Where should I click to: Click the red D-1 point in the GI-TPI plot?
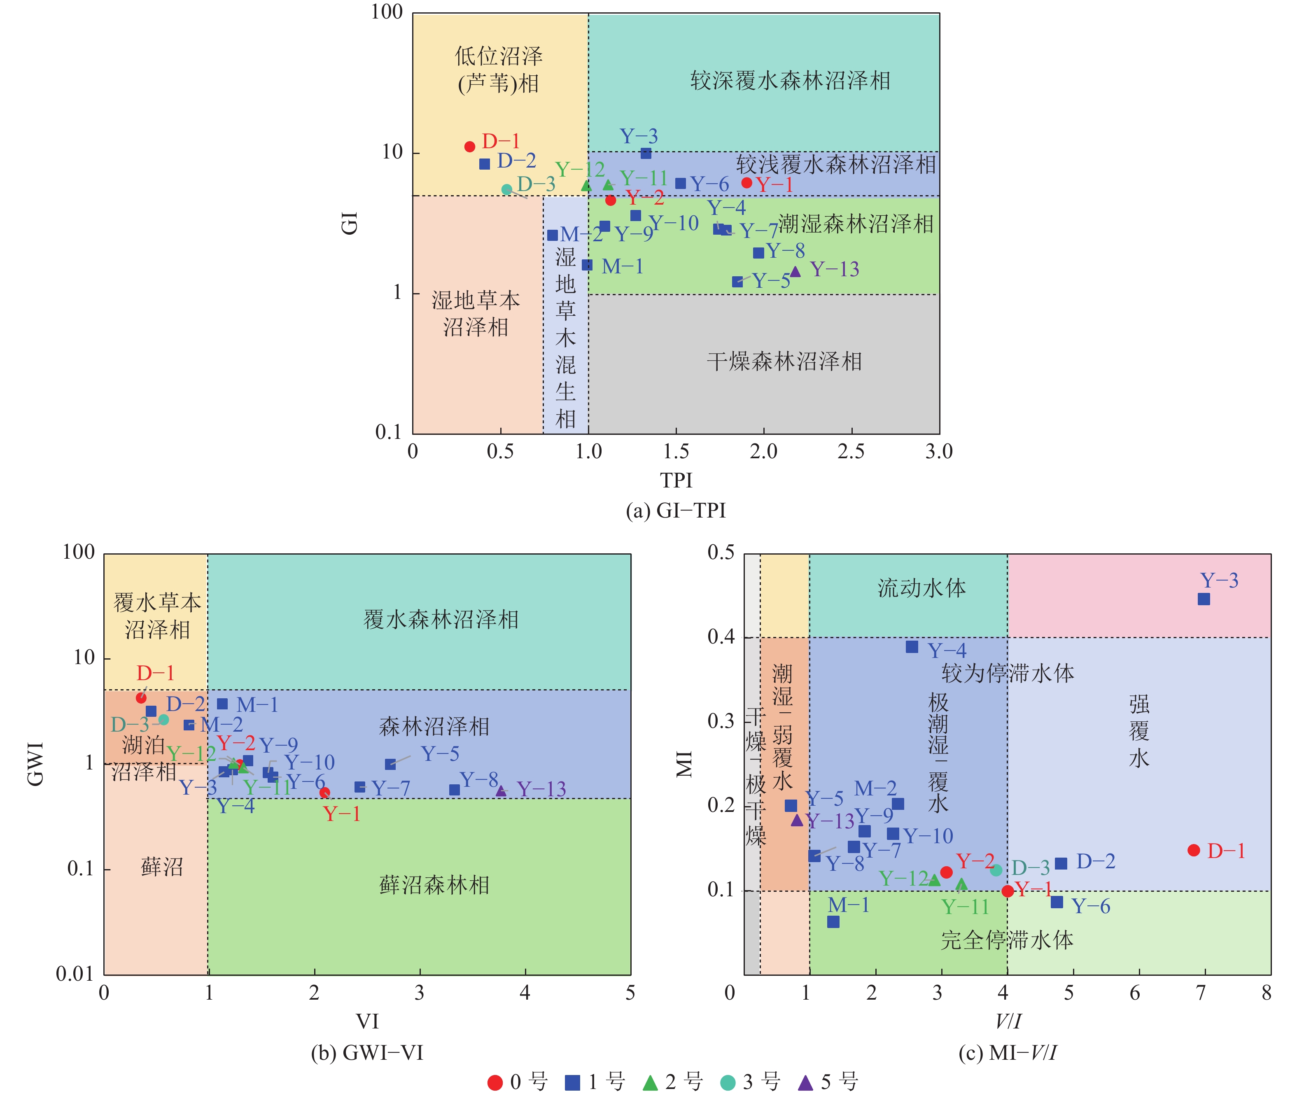[470, 147]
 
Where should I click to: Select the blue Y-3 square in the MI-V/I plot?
[1204, 599]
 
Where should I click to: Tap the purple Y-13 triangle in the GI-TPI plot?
[795, 271]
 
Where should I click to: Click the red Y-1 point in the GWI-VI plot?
[324, 792]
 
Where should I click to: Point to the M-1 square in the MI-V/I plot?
[833, 922]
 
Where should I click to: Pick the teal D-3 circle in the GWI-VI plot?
[163, 720]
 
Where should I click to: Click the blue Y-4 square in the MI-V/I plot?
[912, 647]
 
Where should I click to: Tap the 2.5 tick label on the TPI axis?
[851, 452]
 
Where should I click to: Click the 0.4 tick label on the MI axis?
[721, 637]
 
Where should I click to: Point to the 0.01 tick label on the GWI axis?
[75, 974]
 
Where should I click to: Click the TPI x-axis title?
[676, 480]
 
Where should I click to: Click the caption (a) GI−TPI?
[676, 511]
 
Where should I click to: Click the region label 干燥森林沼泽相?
[784, 361]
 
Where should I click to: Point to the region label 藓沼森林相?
[434, 885]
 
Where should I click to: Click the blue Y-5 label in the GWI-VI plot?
[440, 754]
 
